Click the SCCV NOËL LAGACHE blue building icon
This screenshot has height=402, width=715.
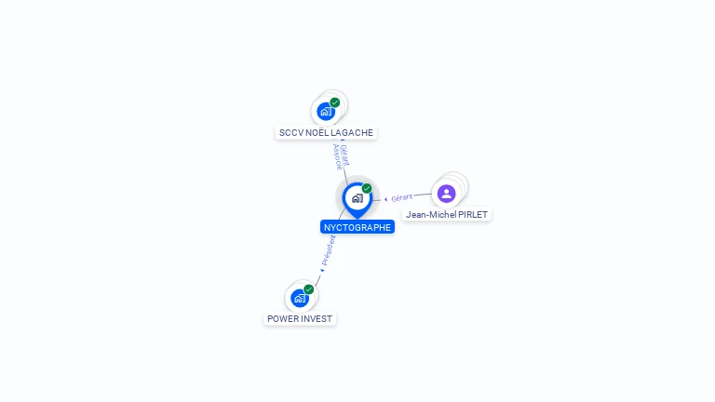coord(326,112)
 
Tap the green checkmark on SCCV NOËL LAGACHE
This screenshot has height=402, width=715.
coord(335,102)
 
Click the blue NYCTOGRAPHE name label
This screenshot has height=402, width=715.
coord(357,227)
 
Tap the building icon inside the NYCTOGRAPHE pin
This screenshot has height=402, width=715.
coord(357,198)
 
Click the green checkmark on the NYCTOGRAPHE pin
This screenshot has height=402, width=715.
coord(367,188)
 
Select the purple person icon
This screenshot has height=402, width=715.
coord(447,194)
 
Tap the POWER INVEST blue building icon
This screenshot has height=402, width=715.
coord(300,298)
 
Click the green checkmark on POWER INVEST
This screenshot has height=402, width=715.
coord(309,289)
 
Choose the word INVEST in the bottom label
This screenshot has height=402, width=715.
coord(317,318)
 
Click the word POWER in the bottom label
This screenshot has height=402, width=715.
coord(283,318)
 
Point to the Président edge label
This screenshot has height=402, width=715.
coord(329,250)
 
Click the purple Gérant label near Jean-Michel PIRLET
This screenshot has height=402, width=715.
coord(402,197)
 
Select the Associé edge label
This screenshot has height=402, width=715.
coord(337,156)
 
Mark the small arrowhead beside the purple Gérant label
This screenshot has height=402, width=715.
coord(385,199)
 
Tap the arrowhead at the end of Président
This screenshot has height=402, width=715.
coord(322,270)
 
